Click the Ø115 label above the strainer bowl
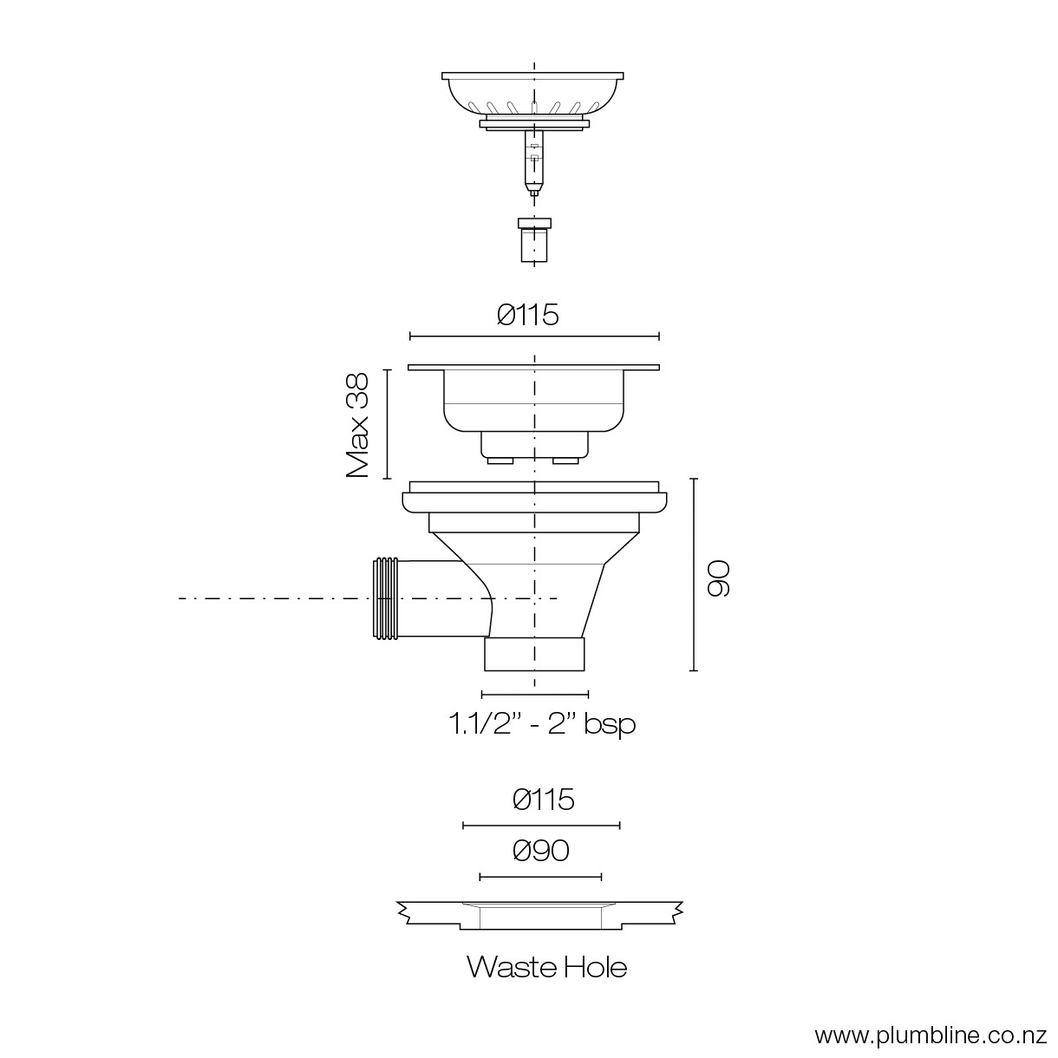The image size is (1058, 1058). (x=527, y=315)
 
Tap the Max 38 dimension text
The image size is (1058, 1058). (x=357, y=426)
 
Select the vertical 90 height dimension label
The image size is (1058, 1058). (x=717, y=578)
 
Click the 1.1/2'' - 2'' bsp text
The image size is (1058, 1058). (x=543, y=723)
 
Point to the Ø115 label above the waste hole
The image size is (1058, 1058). (x=544, y=800)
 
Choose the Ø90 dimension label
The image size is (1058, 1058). (x=541, y=851)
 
